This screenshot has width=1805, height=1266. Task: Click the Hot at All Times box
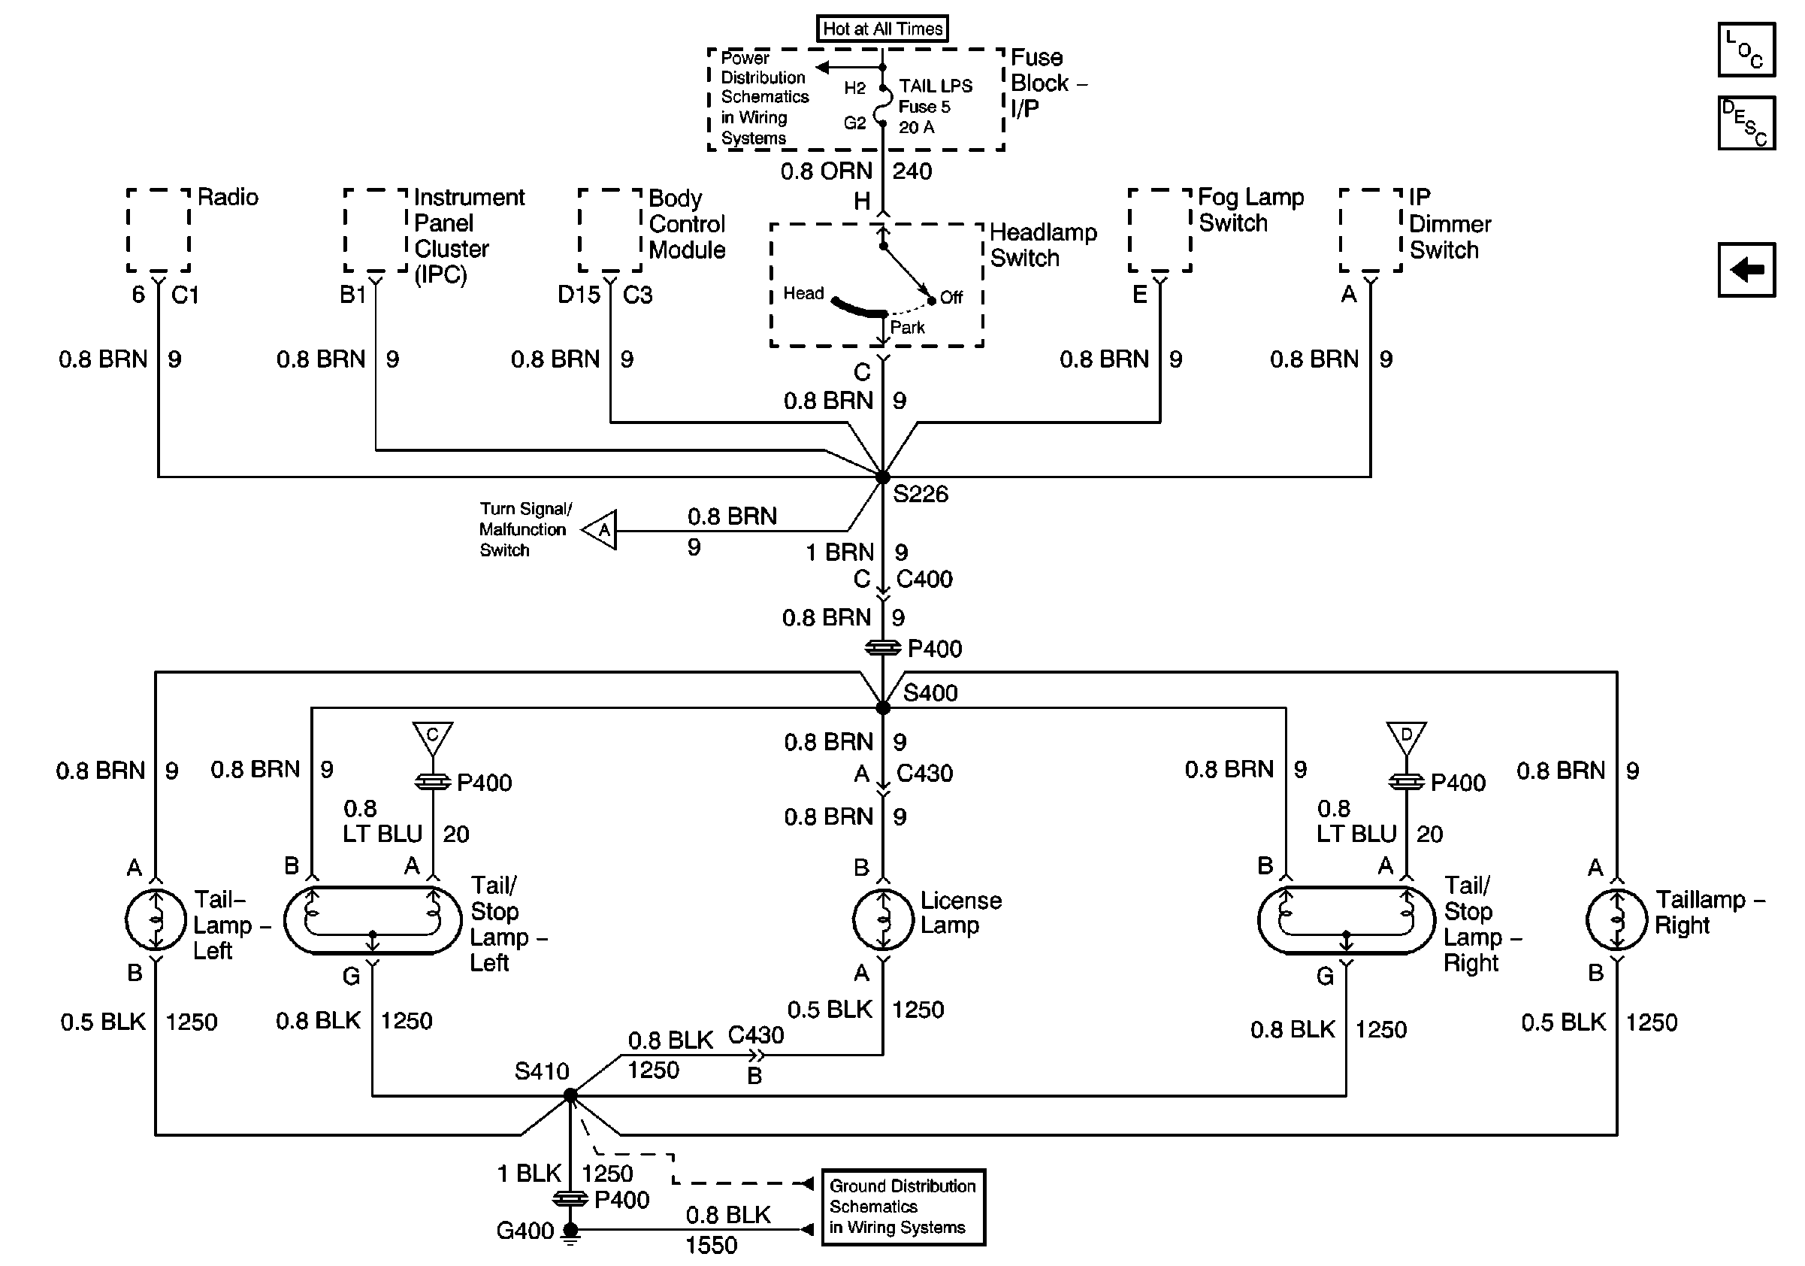882,29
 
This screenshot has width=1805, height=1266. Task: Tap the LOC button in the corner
1746,50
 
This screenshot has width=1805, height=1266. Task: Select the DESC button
1746,123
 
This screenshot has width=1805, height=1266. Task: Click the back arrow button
1746,270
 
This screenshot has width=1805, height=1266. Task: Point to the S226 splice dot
883,477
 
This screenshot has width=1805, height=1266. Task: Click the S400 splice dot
883,707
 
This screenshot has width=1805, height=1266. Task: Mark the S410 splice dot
571,1095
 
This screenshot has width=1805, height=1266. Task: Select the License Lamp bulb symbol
883,919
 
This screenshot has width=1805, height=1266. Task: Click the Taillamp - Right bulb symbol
1616,919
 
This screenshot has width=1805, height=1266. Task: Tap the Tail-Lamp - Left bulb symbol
156,919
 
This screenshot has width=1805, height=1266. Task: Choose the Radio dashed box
159,230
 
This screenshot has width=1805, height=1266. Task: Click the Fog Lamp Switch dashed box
1160,230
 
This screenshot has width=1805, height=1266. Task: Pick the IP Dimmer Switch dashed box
1371,230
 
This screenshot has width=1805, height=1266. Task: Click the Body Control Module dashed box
610,230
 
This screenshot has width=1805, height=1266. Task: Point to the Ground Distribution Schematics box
903,1207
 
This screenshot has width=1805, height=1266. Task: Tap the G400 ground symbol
571,1234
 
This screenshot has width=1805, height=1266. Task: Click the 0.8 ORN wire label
827,171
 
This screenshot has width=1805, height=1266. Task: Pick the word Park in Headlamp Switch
907,327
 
